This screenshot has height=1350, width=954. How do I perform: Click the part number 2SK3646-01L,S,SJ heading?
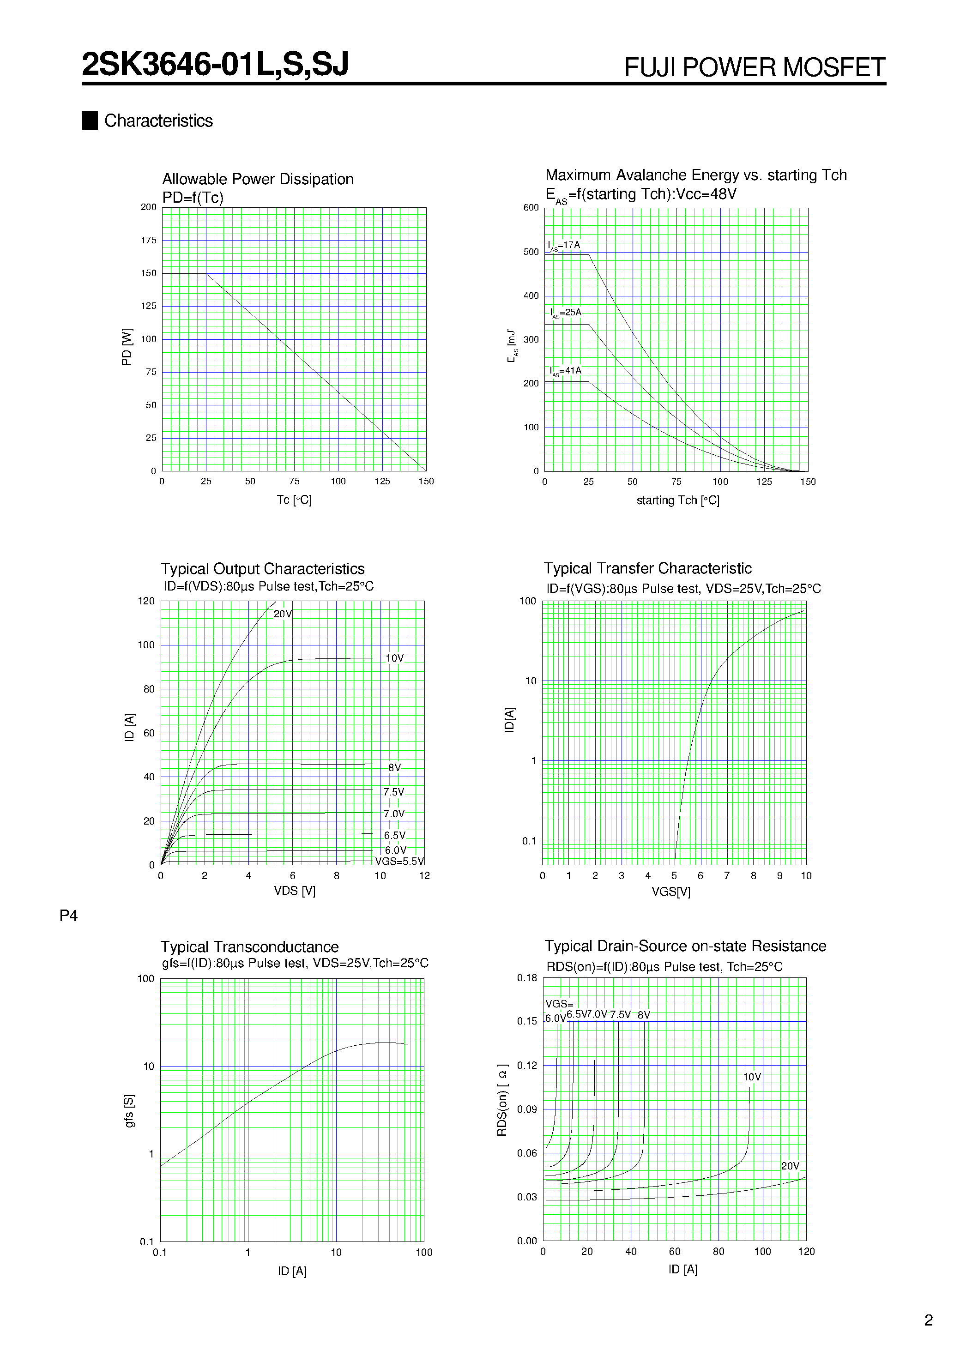coord(215,64)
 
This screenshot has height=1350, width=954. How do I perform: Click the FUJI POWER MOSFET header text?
coord(754,67)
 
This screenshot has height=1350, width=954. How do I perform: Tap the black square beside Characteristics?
coord(90,121)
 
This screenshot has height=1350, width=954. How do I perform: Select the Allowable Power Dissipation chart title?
coord(258,179)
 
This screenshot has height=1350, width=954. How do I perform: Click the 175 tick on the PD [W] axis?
coord(149,240)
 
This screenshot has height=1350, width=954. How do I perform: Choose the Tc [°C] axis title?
coord(294,500)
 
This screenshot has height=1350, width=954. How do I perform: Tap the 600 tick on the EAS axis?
coord(531,208)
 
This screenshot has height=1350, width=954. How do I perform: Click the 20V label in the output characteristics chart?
coord(282,614)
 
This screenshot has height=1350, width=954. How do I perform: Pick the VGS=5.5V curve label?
coord(399,862)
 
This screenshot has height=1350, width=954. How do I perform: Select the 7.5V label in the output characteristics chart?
coord(393,792)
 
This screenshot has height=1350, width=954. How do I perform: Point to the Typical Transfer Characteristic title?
coord(647,568)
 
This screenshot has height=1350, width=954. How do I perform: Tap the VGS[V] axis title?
coord(670,892)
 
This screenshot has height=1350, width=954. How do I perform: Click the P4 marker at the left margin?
coord(68,916)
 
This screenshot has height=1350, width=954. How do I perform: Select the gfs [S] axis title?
coord(129,1111)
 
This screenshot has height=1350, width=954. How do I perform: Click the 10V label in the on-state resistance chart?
coord(752,1077)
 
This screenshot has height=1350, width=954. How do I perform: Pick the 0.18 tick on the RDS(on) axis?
coord(527,978)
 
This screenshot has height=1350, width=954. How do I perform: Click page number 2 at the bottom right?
coord(928,1320)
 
